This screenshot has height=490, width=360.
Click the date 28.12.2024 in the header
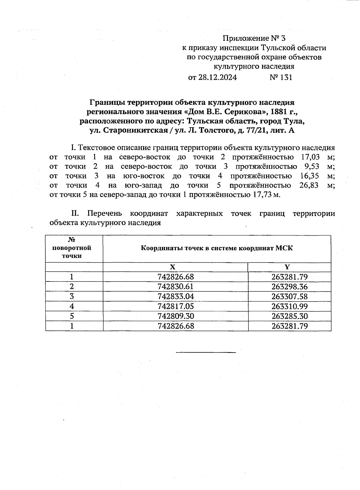(x=217, y=78)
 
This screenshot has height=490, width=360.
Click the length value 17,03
(x=310, y=157)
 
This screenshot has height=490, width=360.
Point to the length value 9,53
(x=311, y=167)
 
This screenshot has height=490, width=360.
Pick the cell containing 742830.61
(x=175, y=287)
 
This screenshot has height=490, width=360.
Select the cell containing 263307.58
(x=290, y=296)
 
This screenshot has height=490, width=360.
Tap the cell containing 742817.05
(x=175, y=306)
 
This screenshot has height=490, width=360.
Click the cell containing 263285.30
(x=290, y=316)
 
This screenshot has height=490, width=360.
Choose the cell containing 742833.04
(x=175, y=296)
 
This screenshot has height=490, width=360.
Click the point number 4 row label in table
(x=72, y=306)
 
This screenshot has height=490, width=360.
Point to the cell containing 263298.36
(x=290, y=287)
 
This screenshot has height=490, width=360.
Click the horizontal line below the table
(x=206, y=352)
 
